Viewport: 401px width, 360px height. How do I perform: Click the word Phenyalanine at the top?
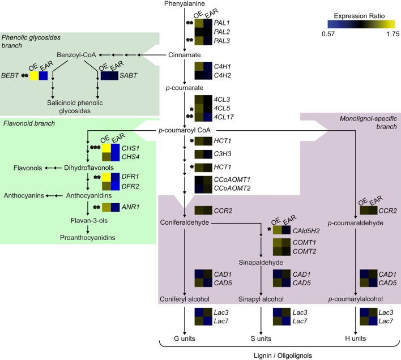(x=185, y=5)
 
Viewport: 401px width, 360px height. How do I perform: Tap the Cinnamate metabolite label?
(x=185, y=55)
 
